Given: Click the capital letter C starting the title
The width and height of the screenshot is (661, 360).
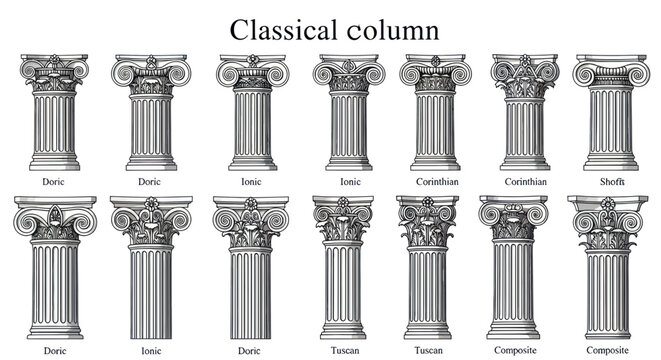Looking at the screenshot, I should (x=241, y=29).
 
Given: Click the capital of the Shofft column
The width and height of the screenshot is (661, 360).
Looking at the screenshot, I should (x=607, y=75).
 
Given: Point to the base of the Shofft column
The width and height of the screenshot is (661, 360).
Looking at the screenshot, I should (x=607, y=166).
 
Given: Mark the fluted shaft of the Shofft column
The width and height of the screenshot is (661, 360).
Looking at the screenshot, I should (x=607, y=125).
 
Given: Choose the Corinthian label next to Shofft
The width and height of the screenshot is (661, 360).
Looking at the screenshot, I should (x=524, y=182).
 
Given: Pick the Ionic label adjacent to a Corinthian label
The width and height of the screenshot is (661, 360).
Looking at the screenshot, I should (x=350, y=182).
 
